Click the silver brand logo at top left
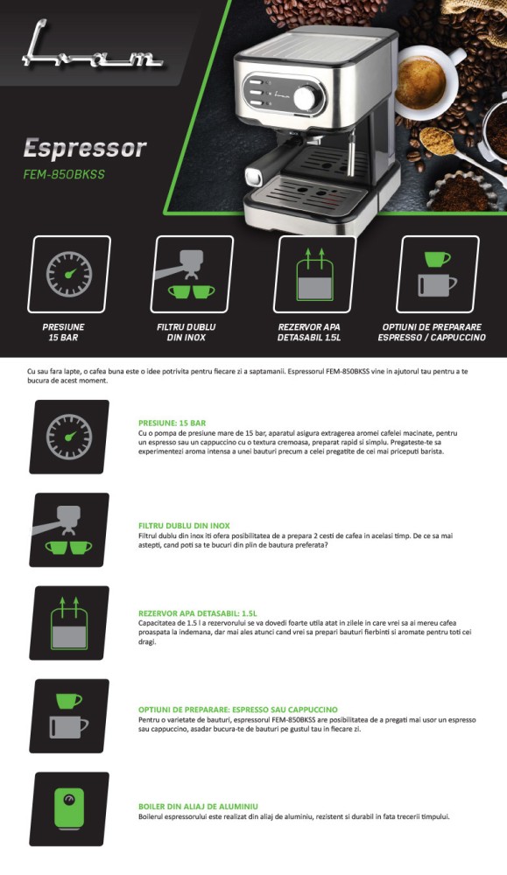coord(92,47)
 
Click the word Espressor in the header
coord(85,149)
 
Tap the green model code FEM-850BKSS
coord(64,174)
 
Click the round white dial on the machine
coord(305,98)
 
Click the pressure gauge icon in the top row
coord(69,274)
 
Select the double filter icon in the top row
coord(192,274)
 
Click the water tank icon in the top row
coord(315,274)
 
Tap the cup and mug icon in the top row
coord(438,274)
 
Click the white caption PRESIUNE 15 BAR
coord(63,332)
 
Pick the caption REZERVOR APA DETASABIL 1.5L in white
coord(309,332)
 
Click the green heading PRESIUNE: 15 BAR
coord(172,423)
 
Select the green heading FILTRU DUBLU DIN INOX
coord(184,526)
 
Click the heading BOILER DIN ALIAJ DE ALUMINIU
coord(198,807)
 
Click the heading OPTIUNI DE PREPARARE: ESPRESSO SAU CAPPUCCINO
coord(238,710)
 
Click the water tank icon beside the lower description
coord(69,623)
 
